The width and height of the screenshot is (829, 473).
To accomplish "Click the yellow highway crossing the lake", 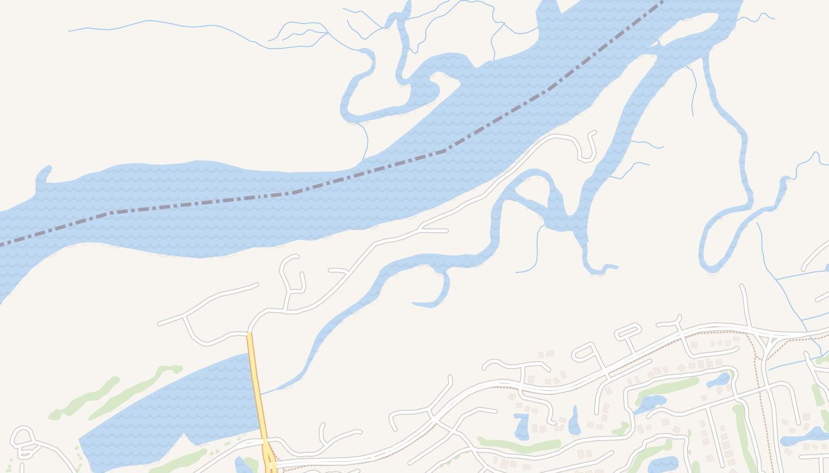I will tap(256, 390).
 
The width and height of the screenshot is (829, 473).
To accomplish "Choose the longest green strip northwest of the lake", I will tap(136, 390).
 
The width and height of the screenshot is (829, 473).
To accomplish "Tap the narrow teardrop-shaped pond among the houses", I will tap(574, 421).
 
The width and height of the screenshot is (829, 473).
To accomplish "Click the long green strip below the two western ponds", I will tap(519, 443).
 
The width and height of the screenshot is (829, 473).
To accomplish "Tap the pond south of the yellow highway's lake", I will tap(243, 465).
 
